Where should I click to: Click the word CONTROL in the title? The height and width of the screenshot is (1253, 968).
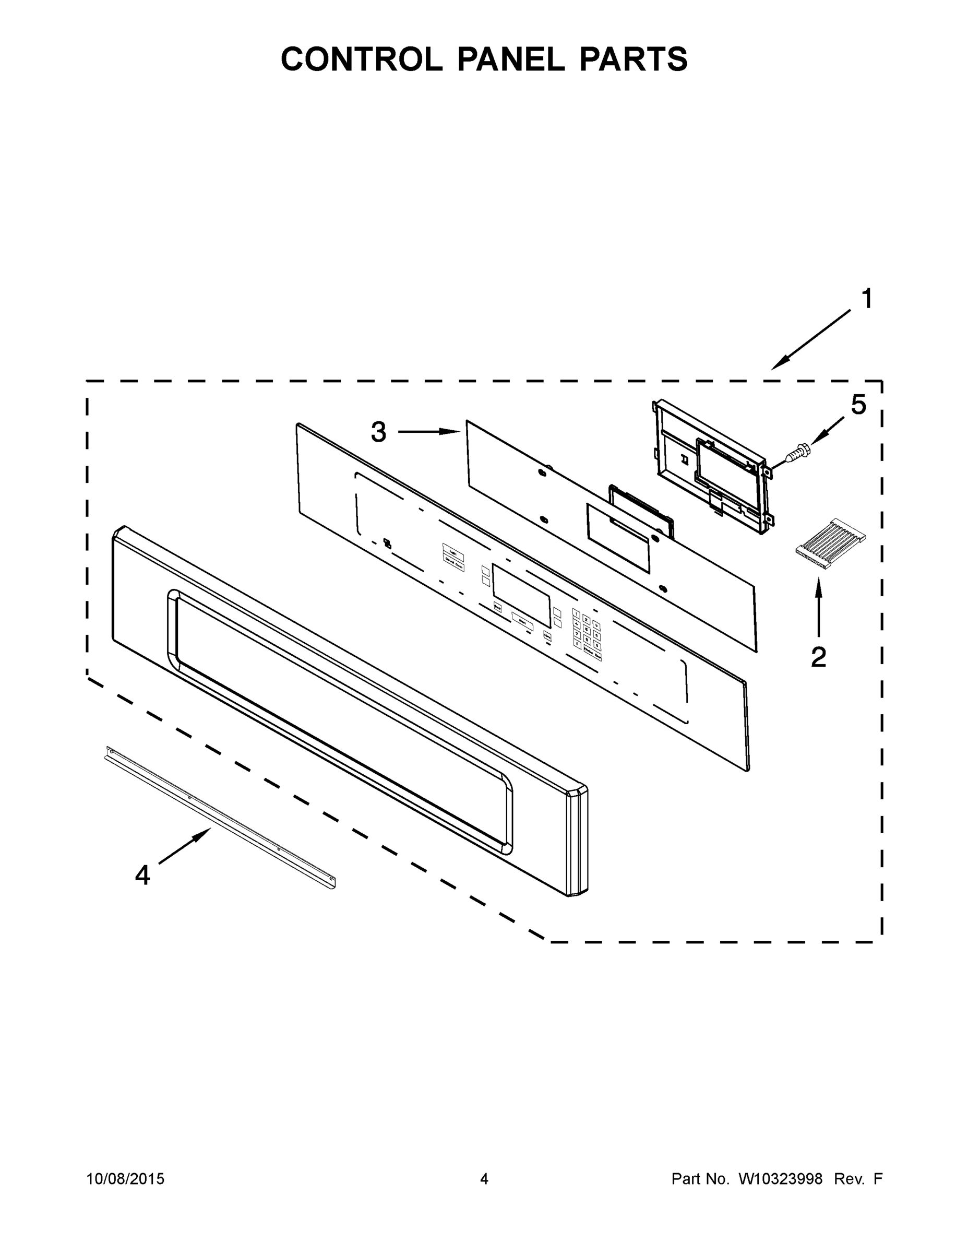tap(361, 59)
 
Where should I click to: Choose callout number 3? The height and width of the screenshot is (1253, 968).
tap(378, 432)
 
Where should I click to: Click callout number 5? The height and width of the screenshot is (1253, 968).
tap(858, 405)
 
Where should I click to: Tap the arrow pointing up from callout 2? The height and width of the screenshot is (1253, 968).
tap(818, 608)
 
